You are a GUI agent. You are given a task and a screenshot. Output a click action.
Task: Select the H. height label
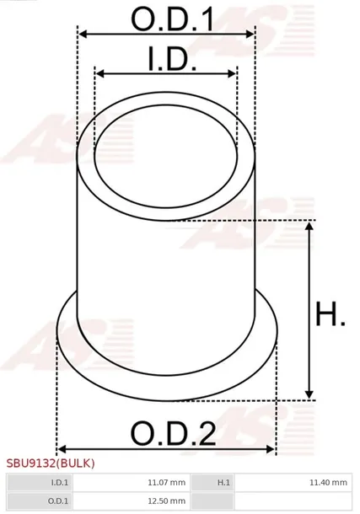(330, 316)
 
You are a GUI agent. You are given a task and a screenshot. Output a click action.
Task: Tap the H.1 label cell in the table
(224, 483)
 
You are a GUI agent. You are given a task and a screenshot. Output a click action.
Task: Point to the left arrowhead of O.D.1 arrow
(82, 35)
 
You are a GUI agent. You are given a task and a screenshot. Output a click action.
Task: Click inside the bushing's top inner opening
(166, 157)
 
